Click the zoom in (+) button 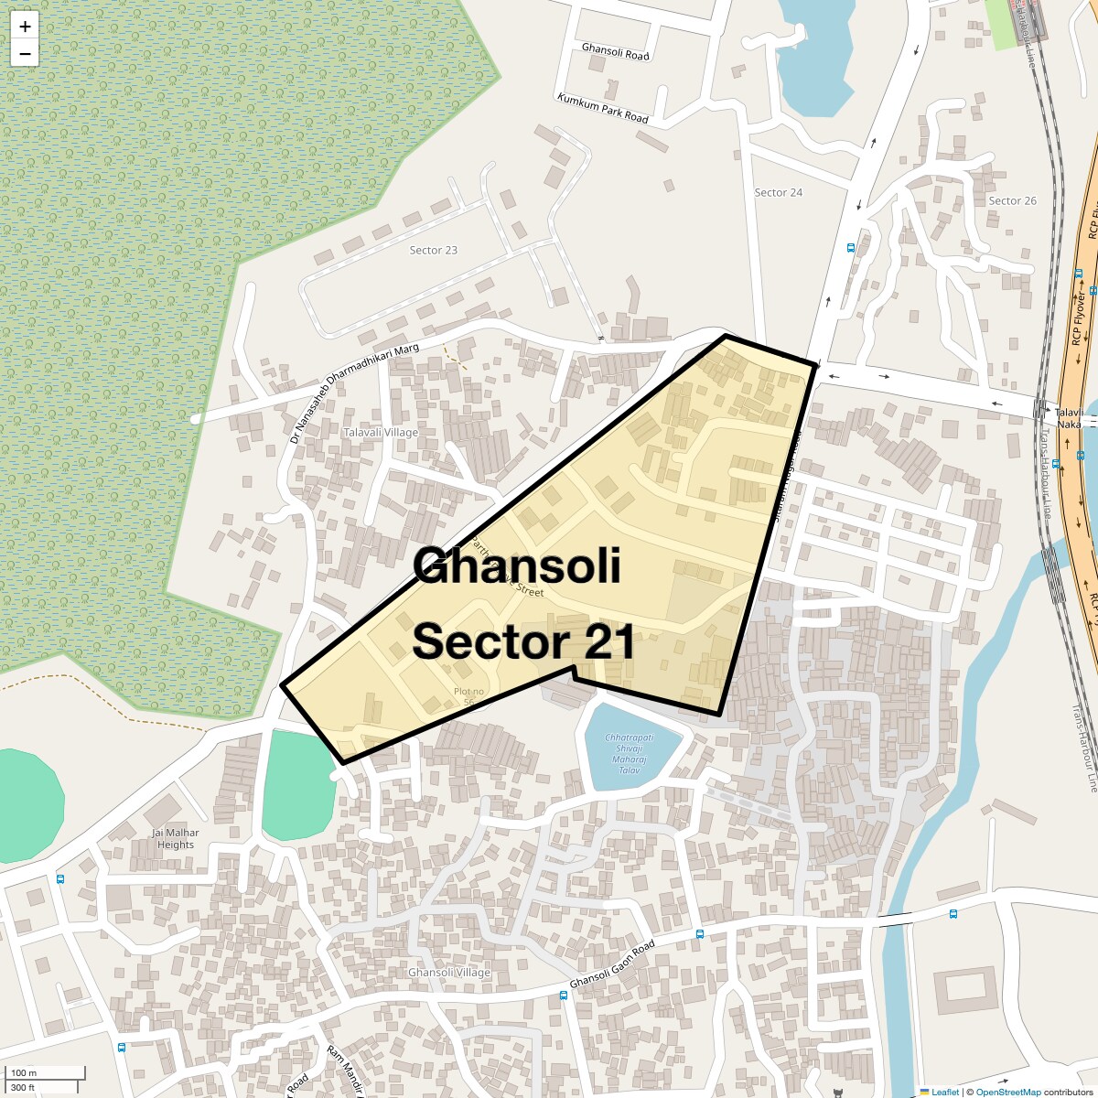25,27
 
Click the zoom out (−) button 25,54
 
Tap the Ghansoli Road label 615,51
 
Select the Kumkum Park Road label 602,108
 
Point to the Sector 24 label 778,192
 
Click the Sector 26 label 1012,200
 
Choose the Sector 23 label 433,250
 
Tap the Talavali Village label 380,432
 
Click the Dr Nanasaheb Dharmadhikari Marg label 354,393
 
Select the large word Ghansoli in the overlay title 517,566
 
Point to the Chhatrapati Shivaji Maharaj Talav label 630,754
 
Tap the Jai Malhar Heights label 176,838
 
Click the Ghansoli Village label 449,973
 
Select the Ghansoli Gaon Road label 612,964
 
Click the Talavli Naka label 1069,418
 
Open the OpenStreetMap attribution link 1007,1092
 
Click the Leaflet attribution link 944,1092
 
